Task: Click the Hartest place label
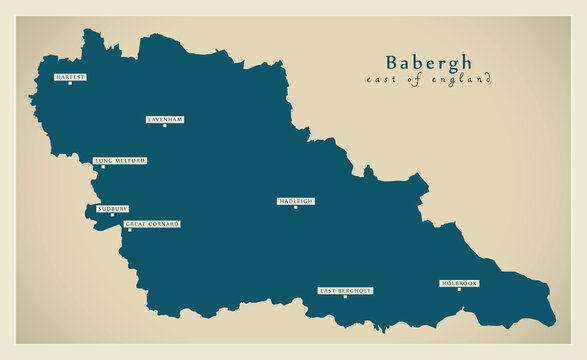pos(70,76)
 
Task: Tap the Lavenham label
pos(165,119)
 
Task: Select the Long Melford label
pos(120,160)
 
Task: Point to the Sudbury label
pos(112,208)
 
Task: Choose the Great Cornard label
pos(152,224)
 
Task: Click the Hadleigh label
pos(295,201)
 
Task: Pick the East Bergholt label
pos(345,290)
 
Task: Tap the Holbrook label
pos(459,283)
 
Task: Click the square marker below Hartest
pos(70,83)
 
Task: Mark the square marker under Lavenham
pos(165,126)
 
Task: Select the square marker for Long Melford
pos(103,167)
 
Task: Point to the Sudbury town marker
pos(112,215)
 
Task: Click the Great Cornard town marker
pos(128,231)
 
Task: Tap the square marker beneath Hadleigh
pos(295,208)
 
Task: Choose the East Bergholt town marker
pos(345,297)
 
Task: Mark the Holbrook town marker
pos(459,290)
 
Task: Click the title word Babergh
pos(429,62)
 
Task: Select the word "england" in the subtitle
pos(460,80)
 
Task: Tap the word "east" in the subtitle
pos(382,80)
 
